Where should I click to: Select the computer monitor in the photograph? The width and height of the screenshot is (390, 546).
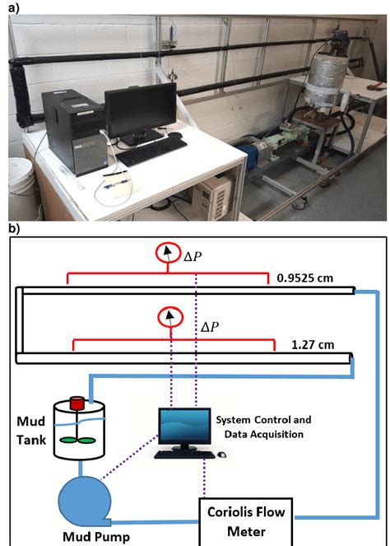141,111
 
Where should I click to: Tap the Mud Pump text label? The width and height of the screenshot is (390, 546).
95,538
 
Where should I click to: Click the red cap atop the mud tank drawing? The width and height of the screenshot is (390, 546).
77,404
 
